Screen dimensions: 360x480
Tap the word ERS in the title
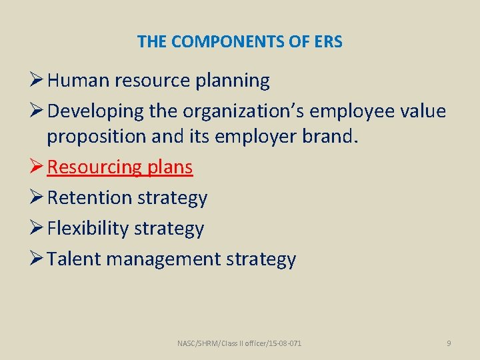tap(328, 42)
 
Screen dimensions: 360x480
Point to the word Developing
tap(90, 111)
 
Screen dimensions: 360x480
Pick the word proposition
tap(93, 137)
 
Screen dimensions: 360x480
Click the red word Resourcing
tap(94, 167)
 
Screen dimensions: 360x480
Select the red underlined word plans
tap(170, 167)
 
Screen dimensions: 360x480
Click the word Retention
tap(90, 198)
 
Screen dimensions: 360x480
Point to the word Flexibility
tap(88, 229)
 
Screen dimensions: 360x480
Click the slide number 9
tap(449, 343)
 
